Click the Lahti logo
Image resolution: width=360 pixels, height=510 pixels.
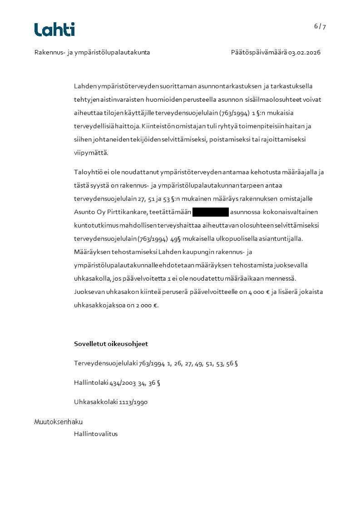54,30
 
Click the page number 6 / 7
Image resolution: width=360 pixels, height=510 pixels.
320,26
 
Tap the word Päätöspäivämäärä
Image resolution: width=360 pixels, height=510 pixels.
258,53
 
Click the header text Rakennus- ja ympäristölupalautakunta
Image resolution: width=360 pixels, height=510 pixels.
92,53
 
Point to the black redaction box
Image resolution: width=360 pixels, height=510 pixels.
210,212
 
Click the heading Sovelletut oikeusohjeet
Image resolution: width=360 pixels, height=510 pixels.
111,344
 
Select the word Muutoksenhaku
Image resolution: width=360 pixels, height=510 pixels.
59,422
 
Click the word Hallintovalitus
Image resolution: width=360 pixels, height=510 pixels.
96,434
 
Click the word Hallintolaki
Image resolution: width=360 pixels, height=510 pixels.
91,383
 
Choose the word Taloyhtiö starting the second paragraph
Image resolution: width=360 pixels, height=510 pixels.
87,172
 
